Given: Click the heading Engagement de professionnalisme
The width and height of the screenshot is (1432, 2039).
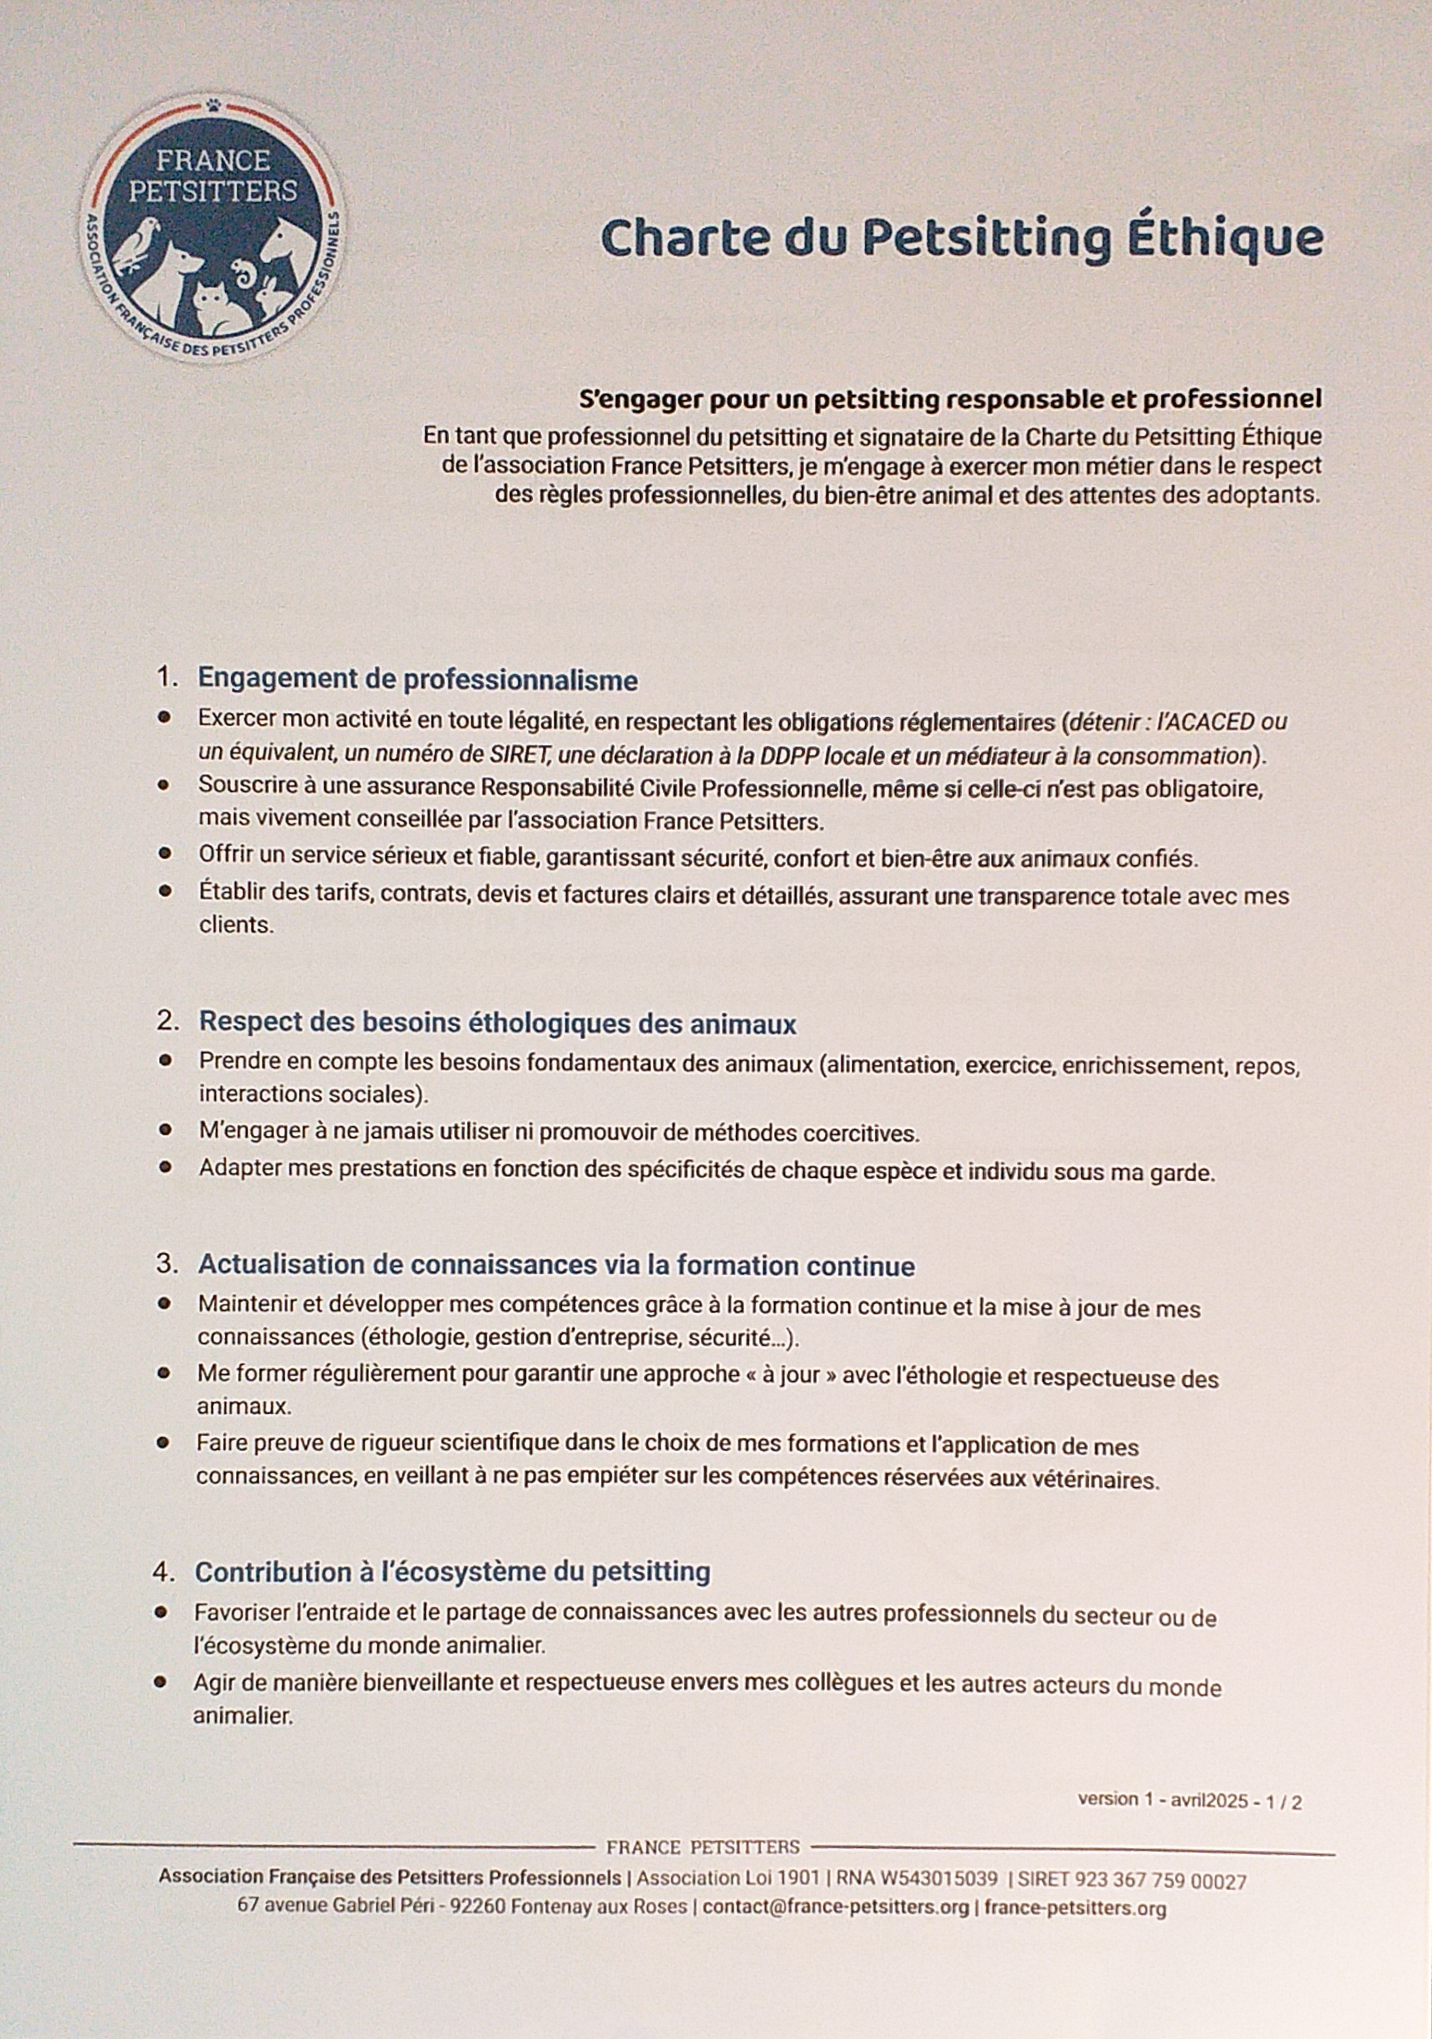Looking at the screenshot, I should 417,680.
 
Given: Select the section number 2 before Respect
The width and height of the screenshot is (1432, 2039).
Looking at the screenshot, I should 165,1022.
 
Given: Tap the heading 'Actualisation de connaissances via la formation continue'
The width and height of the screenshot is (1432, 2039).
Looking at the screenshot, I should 556,1265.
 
